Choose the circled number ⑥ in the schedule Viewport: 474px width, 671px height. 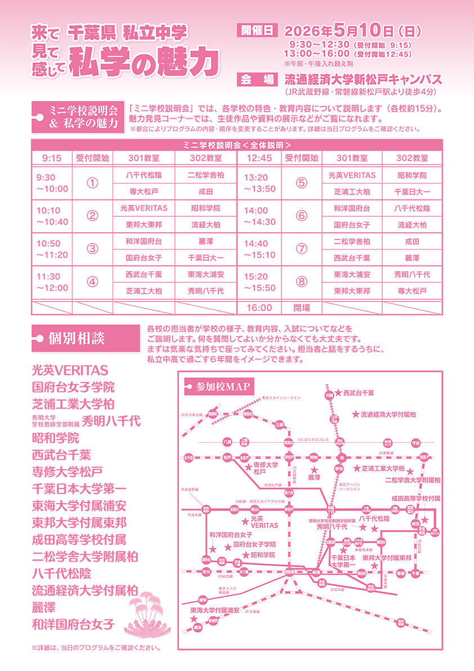point(301,216)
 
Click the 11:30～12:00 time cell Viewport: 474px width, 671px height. point(52,282)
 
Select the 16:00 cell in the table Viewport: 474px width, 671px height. point(259,308)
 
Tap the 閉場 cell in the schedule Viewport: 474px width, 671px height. point(301,308)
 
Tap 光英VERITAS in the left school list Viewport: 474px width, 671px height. point(70,371)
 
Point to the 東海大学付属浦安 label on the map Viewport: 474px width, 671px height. point(215,610)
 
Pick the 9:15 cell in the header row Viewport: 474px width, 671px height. point(52,158)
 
